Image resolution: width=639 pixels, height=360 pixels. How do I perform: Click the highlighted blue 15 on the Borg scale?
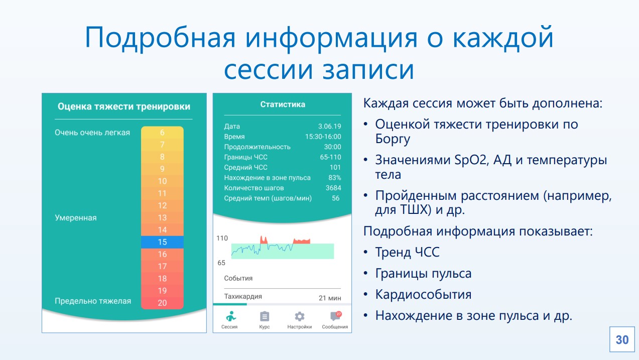pos(162,242)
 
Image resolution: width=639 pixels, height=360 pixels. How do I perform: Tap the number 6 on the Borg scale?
pos(162,133)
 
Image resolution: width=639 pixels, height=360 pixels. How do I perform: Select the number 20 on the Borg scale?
pos(162,303)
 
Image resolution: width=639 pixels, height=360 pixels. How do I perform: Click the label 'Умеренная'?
pos(76,218)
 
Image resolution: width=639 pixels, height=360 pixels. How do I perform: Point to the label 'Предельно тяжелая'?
pos(93,301)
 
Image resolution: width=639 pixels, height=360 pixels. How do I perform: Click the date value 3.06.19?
pos(329,126)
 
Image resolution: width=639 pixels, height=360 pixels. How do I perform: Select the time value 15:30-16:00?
pos(323,137)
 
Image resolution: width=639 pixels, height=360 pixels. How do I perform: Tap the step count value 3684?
pos(333,188)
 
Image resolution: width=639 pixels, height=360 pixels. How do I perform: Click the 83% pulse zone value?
pos(335,177)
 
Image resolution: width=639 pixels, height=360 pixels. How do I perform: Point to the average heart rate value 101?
pos(335,167)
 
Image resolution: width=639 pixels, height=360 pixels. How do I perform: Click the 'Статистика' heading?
pos(283,104)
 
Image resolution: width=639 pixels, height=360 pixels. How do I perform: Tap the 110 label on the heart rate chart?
pos(222,238)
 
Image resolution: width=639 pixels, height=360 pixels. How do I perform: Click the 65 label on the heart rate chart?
pos(221,263)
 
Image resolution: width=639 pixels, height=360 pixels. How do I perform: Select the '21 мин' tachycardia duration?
pos(330,298)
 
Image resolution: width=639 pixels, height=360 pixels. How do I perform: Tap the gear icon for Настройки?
pos(299,316)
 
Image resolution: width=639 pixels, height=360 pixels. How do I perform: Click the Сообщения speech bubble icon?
pos(335,316)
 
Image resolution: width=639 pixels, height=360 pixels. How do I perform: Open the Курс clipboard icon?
pos(264,316)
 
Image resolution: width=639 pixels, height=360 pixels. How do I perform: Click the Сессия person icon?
pos(230,316)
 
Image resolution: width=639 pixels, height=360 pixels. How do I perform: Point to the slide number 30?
pos(622,339)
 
